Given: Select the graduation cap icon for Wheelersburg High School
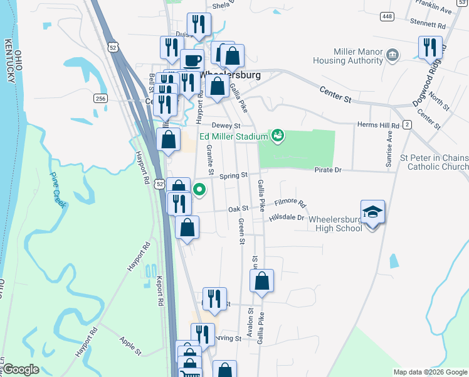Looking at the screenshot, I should click(372, 212).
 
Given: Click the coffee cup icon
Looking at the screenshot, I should click(192, 62).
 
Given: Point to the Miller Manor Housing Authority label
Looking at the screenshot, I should click(349, 56).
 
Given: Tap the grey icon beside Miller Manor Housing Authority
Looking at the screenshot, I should click(393, 55).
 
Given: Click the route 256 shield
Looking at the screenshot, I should click(101, 98).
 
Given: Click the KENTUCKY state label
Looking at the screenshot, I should click(9, 60).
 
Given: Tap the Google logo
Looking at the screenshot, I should click(21, 369).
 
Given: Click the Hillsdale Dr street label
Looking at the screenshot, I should click(287, 217).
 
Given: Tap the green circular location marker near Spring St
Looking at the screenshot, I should click(199, 188).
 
